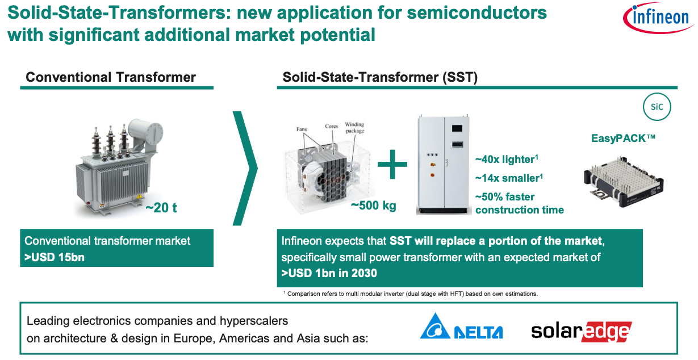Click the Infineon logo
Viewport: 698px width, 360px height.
[x=658, y=17]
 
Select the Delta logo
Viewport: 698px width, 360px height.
[x=461, y=326]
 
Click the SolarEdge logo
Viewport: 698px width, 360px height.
[x=582, y=332]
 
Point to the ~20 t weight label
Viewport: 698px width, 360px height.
[x=161, y=208]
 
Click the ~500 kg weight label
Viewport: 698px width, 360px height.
[x=373, y=206]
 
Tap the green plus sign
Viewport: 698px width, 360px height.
[x=392, y=164]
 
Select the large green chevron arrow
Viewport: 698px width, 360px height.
[x=246, y=168]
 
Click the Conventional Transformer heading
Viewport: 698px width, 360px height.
[x=111, y=77]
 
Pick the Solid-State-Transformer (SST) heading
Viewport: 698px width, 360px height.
[x=380, y=77]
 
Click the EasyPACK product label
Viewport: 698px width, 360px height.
[x=623, y=139]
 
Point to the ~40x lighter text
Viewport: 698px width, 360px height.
[x=507, y=160]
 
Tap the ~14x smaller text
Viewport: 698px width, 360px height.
[x=509, y=178]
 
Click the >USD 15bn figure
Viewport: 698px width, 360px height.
[x=54, y=258]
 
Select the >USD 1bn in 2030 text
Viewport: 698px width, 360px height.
[x=329, y=274]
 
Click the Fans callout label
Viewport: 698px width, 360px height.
[x=302, y=129]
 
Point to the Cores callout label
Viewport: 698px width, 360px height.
[x=331, y=126]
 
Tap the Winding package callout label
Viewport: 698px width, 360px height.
[x=354, y=128]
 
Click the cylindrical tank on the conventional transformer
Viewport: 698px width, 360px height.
[x=145, y=131]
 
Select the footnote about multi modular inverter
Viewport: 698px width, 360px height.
[x=411, y=294]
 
